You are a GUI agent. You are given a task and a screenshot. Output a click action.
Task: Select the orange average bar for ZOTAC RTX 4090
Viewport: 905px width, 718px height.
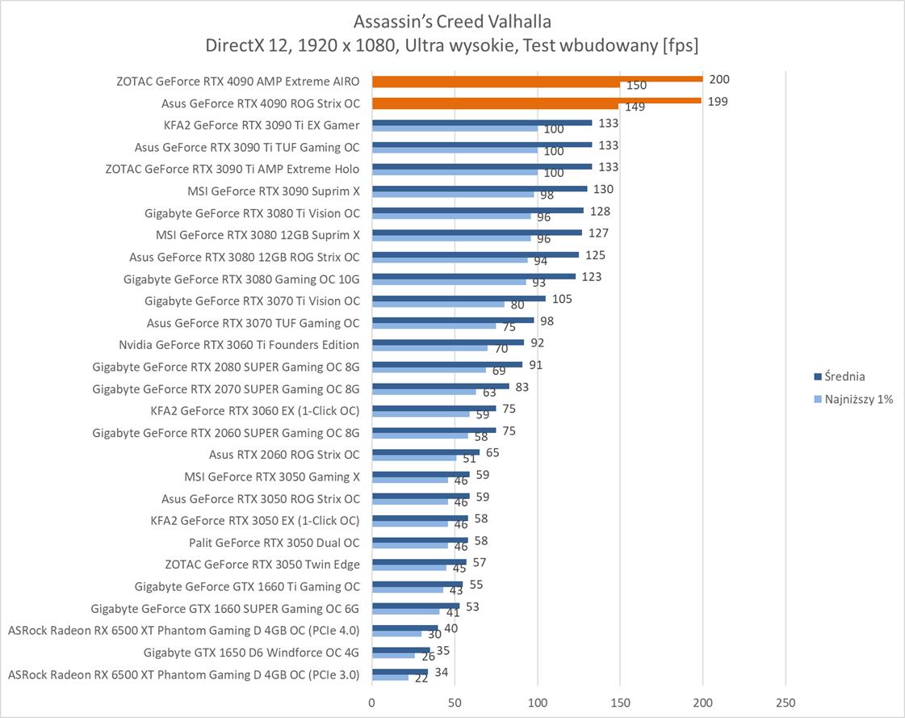(x=537, y=79)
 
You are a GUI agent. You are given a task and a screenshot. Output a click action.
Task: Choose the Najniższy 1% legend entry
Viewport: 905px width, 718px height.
(x=858, y=399)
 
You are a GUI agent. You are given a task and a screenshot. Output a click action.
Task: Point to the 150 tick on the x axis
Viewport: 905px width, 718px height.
(x=620, y=701)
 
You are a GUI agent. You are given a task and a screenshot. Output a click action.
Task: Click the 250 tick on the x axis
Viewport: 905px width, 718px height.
(x=786, y=701)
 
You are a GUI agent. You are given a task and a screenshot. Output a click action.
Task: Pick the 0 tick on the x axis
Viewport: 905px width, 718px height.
(x=372, y=701)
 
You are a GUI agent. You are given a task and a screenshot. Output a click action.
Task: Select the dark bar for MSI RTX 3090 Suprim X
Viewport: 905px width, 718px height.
(x=480, y=188)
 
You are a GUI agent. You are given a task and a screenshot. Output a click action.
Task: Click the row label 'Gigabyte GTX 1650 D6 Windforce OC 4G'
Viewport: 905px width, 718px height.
(x=251, y=652)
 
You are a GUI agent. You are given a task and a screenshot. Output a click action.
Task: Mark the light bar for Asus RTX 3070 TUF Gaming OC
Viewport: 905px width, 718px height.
(x=434, y=325)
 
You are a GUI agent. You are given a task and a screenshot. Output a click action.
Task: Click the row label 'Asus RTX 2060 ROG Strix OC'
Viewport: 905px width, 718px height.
(x=284, y=455)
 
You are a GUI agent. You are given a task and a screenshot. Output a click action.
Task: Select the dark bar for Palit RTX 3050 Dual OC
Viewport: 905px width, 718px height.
(x=420, y=539)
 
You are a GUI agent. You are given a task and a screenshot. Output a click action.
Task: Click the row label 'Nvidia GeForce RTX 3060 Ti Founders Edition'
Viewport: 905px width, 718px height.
(x=239, y=345)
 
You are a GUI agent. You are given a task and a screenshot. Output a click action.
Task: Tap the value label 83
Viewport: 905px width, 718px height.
(x=522, y=387)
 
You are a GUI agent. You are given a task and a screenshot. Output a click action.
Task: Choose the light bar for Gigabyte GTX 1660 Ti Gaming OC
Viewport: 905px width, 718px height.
(x=408, y=589)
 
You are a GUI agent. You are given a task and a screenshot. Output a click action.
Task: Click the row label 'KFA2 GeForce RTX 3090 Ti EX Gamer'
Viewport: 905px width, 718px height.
(x=262, y=125)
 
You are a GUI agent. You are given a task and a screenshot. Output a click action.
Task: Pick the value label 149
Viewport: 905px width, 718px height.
(x=635, y=107)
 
